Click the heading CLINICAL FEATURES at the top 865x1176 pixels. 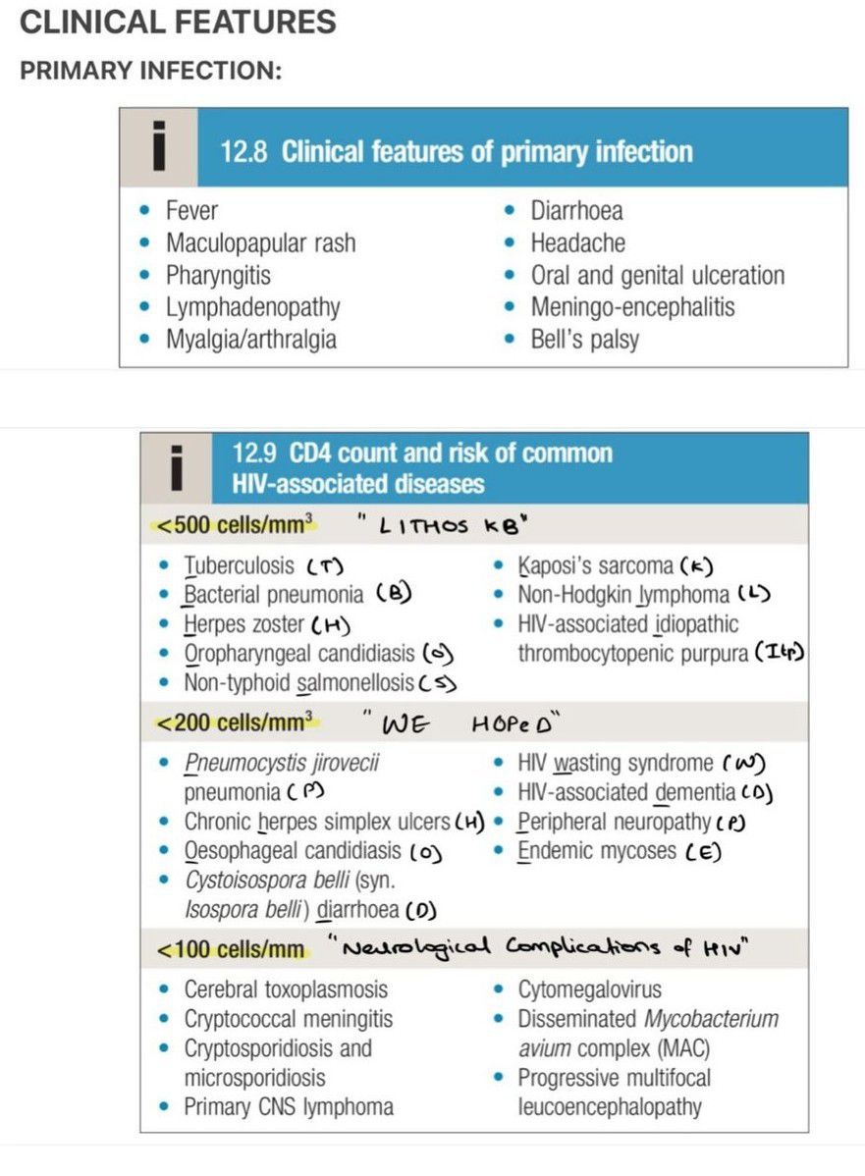[x=178, y=22]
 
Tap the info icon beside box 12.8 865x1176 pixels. [x=157, y=147]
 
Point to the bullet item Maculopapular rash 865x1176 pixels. [x=260, y=242]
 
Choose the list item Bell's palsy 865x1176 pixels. [x=584, y=340]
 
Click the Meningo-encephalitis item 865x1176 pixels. [x=632, y=307]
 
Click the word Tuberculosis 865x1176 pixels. [x=239, y=565]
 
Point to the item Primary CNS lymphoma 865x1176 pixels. [x=288, y=1107]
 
